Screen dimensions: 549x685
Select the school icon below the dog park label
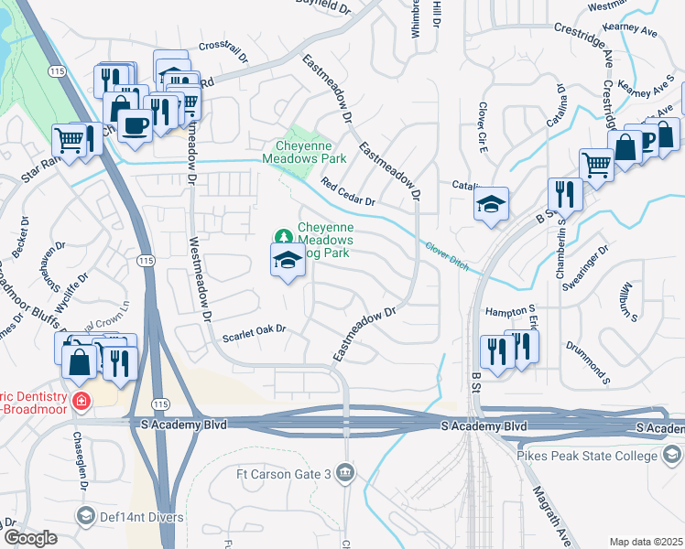point(288,262)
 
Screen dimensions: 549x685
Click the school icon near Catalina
point(491,204)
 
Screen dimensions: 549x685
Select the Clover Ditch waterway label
point(446,248)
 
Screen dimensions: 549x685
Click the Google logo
point(29,537)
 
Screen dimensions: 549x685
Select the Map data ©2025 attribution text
point(646,542)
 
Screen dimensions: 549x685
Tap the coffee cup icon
point(135,125)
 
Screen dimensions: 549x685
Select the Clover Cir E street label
point(480,127)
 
